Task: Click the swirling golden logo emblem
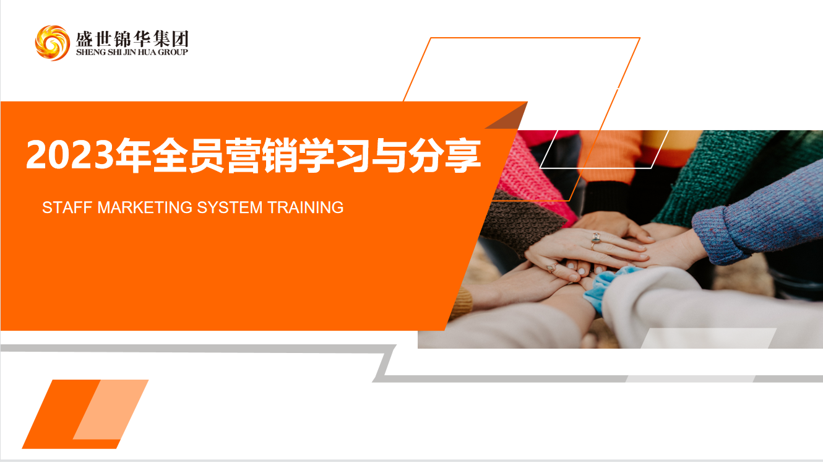click(52, 43)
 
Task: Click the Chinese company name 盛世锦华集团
click(132, 38)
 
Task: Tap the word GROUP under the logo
click(173, 52)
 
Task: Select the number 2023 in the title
click(70, 155)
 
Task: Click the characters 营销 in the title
click(261, 155)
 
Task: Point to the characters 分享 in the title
click(444, 155)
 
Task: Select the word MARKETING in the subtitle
click(145, 207)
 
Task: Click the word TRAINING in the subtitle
click(305, 207)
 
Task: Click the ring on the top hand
click(595, 239)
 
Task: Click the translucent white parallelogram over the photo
click(709, 338)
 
